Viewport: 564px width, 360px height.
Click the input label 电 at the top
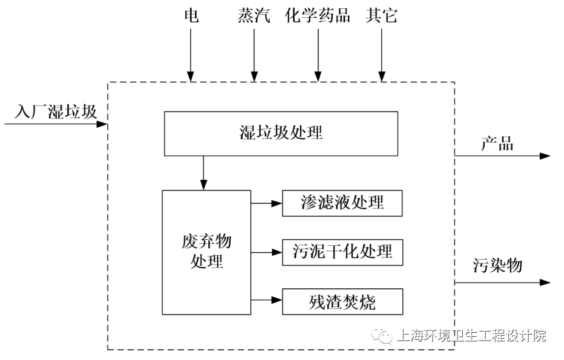pos(191,15)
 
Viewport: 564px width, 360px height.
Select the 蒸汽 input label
pos(254,15)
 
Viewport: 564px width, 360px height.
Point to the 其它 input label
pos(382,15)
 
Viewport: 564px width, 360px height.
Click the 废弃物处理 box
pos(207,252)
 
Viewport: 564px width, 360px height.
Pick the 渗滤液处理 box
pos(343,203)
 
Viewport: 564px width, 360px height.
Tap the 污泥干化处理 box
pos(343,252)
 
